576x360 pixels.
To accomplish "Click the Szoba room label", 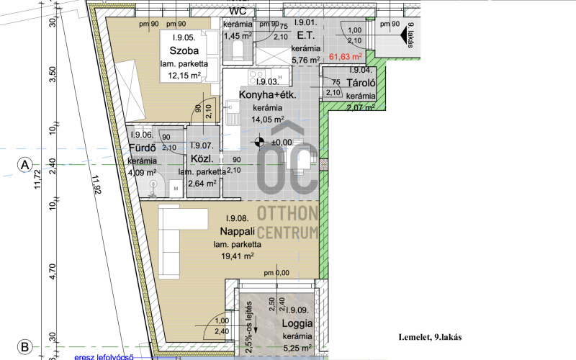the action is click(x=184, y=50).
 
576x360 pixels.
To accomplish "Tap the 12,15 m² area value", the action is click(x=184, y=76).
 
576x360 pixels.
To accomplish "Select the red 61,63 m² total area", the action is click(x=346, y=57).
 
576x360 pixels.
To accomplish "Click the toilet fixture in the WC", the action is click(x=238, y=50).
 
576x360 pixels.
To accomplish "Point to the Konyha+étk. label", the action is click(x=267, y=95).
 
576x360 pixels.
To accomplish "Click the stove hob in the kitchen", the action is click(x=257, y=77).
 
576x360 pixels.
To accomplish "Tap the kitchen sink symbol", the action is click(x=233, y=112).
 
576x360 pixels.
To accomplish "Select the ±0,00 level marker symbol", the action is click(x=259, y=142).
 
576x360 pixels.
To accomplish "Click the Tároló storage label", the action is click(x=361, y=83).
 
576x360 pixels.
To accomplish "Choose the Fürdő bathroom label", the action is click(x=143, y=148).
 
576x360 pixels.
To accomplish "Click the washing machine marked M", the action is click(x=176, y=189).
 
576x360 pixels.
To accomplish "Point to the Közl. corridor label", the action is click(x=202, y=159).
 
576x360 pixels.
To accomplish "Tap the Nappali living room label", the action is click(x=238, y=231).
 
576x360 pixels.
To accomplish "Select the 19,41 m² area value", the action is click(x=238, y=256).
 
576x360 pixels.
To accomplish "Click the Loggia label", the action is click(x=297, y=323).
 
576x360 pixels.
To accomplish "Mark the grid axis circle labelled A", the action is click(x=25, y=165).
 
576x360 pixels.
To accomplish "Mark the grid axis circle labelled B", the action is click(x=25, y=347).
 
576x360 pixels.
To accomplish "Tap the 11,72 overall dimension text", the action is click(x=37, y=179).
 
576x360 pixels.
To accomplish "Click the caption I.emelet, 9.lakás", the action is click(x=430, y=337).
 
